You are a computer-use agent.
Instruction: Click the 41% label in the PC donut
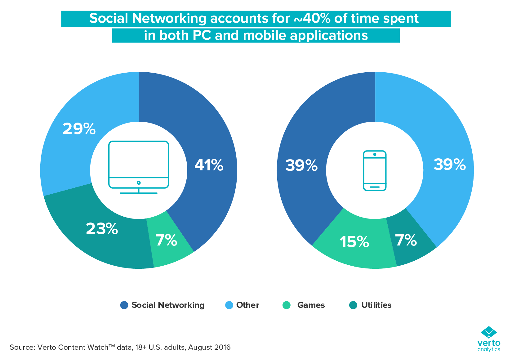(209, 165)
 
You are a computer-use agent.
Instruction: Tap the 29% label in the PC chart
(79, 129)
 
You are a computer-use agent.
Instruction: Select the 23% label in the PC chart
(102, 229)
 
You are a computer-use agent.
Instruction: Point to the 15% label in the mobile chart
(354, 242)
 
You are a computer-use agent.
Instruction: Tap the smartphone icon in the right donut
(375, 170)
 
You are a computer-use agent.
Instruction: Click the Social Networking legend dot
(124, 305)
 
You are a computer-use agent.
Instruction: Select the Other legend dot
(229, 305)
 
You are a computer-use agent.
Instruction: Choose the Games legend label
(311, 305)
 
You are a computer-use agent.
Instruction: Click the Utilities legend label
(376, 305)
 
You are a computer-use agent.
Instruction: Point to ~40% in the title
(312, 19)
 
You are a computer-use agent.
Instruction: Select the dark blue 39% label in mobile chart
(301, 165)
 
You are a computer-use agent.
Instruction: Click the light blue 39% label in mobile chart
(450, 164)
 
